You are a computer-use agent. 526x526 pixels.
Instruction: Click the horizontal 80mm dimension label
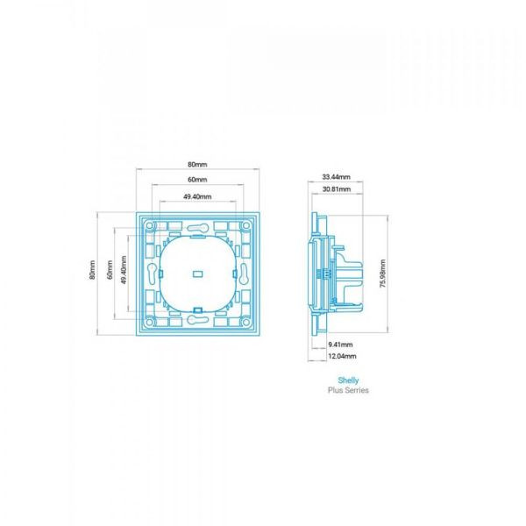(x=197, y=165)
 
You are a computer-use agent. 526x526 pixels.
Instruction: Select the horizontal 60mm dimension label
(x=197, y=180)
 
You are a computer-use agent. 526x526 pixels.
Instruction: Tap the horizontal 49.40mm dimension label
(x=197, y=196)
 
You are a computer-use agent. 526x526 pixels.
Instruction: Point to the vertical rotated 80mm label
(x=92, y=270)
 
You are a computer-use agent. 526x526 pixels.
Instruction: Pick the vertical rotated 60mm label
(x=110, y=270)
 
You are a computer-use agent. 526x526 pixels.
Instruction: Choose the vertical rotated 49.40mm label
(x=124, y=270)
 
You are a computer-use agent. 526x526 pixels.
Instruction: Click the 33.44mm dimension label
(x=336, y=177)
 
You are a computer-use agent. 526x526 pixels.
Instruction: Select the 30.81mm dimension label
(x=337, y=189)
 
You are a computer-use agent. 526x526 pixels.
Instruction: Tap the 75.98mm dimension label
(x=383, y=274)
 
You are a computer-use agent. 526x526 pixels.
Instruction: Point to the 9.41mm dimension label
(x=340, y=345)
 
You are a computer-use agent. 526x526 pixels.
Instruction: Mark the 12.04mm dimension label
(x=342, y=356)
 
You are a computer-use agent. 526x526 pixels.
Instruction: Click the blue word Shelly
(x=348, y=380)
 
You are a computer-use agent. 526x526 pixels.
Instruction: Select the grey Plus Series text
(x=348, y=390)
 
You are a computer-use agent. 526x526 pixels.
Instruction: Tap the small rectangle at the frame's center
(x=197, y=274)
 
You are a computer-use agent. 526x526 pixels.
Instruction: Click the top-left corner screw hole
(x=150, y=225)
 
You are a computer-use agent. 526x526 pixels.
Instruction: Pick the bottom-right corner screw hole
(x=245, y=322)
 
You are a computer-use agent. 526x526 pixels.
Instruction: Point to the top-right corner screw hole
(x=245, y=225)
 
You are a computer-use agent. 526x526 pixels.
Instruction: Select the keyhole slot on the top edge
(x=198, y=228)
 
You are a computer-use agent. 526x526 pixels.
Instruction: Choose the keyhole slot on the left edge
(x=152, y=274)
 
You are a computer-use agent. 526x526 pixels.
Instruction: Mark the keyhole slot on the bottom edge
(x=198, y=320)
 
